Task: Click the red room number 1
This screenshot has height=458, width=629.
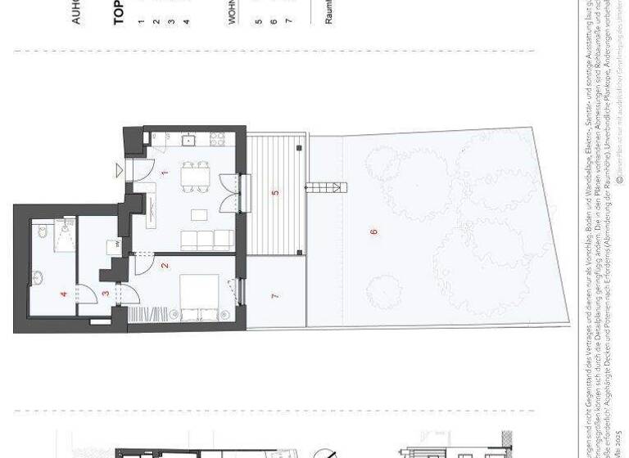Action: point(165,173)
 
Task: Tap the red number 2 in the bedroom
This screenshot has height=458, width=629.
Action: point(165,265)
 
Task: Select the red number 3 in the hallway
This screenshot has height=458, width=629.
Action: point(105,293)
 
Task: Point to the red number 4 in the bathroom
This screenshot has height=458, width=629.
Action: point(62,293)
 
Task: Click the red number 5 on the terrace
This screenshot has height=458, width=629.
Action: point(275,194)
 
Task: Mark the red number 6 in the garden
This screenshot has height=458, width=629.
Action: point(373,231)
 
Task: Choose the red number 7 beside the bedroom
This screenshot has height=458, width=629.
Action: point(275,295)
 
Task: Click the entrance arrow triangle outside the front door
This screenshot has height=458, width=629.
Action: point(119,170)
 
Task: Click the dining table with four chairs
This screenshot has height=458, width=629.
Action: point(196,176)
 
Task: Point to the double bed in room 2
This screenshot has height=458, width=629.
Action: point(198,296)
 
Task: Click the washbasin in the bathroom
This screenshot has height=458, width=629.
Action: point(38,275)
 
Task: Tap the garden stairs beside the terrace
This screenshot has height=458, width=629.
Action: point(324,188)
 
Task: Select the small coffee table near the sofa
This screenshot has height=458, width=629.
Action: point(199,214)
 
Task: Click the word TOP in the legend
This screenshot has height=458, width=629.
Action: point(120,13)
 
